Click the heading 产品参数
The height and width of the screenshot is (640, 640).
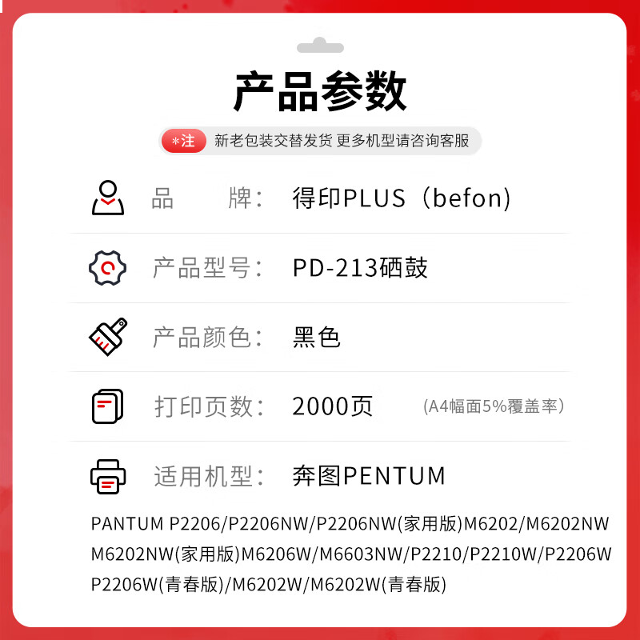click(320, 91)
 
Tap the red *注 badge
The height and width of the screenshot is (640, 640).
click(184, 141)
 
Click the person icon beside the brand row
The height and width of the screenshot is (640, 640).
click(108, 198)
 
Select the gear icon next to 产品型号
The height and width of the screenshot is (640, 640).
click(107, 268)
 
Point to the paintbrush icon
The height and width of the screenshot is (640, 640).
click(108, 337)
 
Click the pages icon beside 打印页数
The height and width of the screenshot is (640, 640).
click(108, 406)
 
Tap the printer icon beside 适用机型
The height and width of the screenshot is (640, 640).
click(108, 477)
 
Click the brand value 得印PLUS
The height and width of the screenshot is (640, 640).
click(349, 198)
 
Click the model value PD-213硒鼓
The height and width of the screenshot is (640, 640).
click(360, 268)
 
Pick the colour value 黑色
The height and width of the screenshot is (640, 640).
click(316, 337)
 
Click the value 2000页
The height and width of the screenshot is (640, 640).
click(332, 406)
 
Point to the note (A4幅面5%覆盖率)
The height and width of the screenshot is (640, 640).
click(494, 406)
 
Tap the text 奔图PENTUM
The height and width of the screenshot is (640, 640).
click(369, 476)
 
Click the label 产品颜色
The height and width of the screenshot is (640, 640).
click(202, 338)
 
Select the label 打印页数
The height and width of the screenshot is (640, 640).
click(204, 407)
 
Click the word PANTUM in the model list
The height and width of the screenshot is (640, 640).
click(127, 524)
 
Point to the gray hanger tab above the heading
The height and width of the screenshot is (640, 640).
click(320, 46)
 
